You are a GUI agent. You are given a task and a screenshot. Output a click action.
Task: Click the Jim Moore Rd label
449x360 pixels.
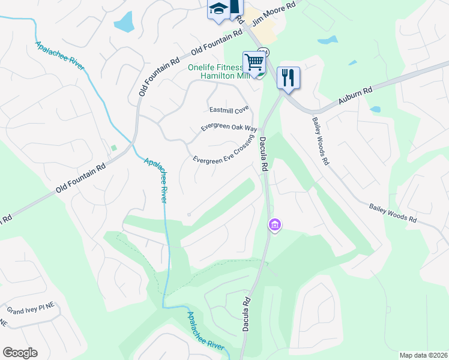275,14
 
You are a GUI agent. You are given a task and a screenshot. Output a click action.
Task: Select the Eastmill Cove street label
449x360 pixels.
229,110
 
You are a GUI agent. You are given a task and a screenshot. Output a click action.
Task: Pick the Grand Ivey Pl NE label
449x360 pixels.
31,310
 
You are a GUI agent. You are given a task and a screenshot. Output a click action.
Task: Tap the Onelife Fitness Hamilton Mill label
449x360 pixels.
218,72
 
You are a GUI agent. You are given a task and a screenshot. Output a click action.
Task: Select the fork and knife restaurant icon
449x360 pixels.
289,77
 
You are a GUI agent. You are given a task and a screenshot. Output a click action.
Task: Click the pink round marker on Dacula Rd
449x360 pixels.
275,225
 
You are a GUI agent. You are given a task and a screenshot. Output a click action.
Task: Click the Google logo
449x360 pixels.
20,353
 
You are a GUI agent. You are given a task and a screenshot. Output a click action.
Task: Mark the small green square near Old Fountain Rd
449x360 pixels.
113,148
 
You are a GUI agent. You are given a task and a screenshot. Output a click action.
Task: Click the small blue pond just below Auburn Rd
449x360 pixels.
375,110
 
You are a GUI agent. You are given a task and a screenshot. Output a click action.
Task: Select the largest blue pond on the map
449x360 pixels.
124,22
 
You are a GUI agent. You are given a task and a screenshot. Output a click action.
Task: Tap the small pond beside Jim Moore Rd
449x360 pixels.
328,40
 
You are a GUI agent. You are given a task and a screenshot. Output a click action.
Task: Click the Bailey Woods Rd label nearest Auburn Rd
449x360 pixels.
320,141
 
